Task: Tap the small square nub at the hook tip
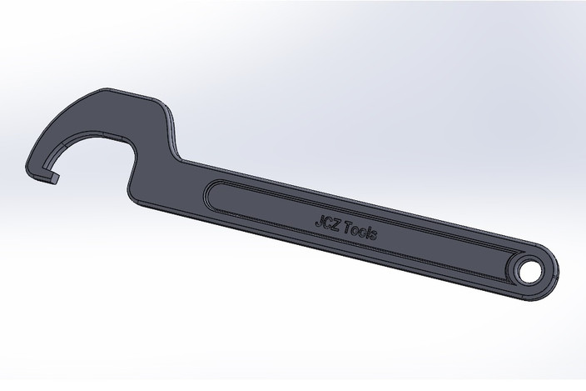tap(56, 177)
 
